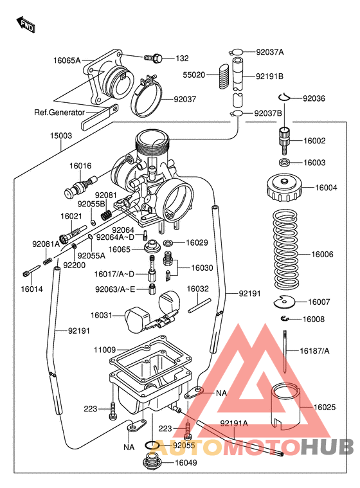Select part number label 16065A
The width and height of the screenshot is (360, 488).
click(x=67, y=60)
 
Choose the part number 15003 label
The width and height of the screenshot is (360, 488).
click(x=62, y=136)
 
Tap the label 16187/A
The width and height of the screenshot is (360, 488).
click(x=314, y=351)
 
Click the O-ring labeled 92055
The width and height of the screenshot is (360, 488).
click(x=150, y=445)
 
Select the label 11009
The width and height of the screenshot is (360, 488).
click(x=105, y=350)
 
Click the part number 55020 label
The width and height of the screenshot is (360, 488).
click(x=194, y=75)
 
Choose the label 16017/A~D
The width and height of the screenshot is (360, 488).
click(x=114, y=275)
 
